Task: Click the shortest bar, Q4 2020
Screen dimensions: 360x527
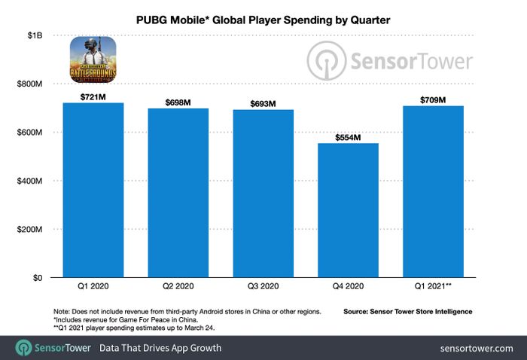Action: point(348,210)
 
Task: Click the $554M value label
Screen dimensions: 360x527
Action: point(348,137)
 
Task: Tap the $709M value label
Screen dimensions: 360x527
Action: point(433,100)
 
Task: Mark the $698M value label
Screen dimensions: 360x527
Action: point(178,102)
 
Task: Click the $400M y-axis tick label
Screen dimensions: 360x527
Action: point(32,181)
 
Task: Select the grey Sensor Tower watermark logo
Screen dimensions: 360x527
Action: point(388,60)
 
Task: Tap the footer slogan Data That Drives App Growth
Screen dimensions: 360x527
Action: point(160,347)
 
